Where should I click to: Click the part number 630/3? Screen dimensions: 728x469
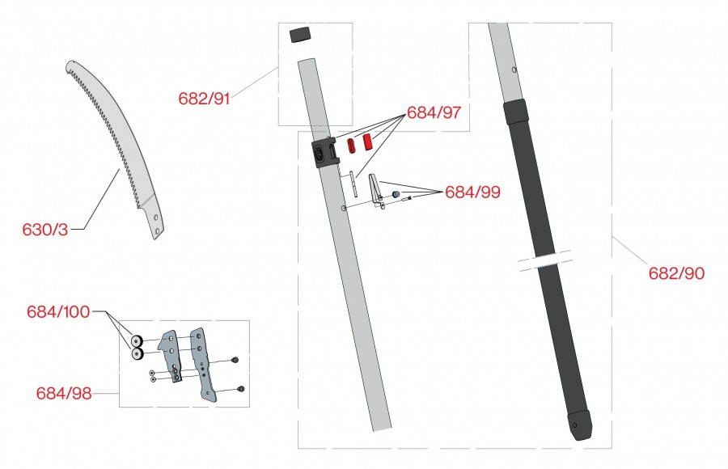coord(45,230)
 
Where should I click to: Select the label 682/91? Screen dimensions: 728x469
coord(205,99)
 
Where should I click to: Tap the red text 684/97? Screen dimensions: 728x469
coord(434,112)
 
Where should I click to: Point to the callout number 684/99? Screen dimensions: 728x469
coord(472,192)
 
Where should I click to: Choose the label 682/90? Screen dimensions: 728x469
coord(676,273)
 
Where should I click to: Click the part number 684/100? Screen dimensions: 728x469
coord(58,311)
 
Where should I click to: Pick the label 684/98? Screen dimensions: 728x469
coord(64,393)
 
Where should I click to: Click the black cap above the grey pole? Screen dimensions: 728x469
coord(299,35)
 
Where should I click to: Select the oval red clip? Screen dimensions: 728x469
coord(352,145)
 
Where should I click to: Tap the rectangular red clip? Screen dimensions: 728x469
coord(367,142)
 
